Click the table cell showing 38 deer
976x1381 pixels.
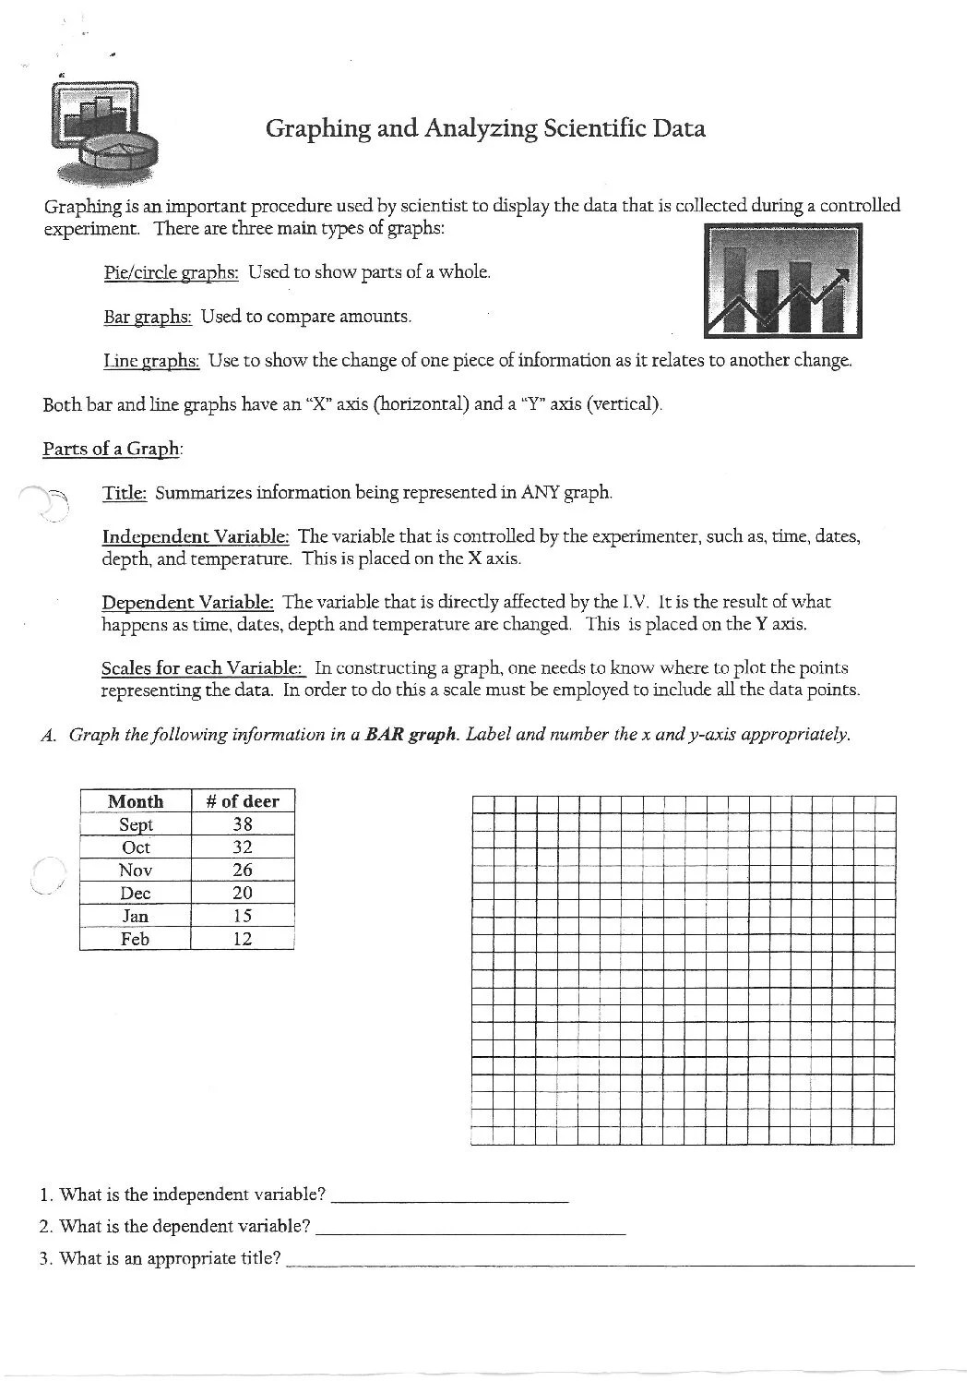coord(243,824)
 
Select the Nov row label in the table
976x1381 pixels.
coord(136,870)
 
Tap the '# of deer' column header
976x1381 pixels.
coord(243,801)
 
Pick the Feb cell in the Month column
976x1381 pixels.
coord(136,939)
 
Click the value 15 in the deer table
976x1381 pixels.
coord(243,916)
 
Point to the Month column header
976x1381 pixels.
coord(136,801)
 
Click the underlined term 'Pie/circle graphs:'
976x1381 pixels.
coord(172,272)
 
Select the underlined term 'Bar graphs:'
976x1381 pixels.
coord(148,317)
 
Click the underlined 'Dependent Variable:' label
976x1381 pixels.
coord(187,603)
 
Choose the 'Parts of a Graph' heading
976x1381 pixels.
coord(112,449)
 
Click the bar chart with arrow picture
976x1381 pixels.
coord(782,281)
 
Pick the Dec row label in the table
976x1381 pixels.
coord(136,893)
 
